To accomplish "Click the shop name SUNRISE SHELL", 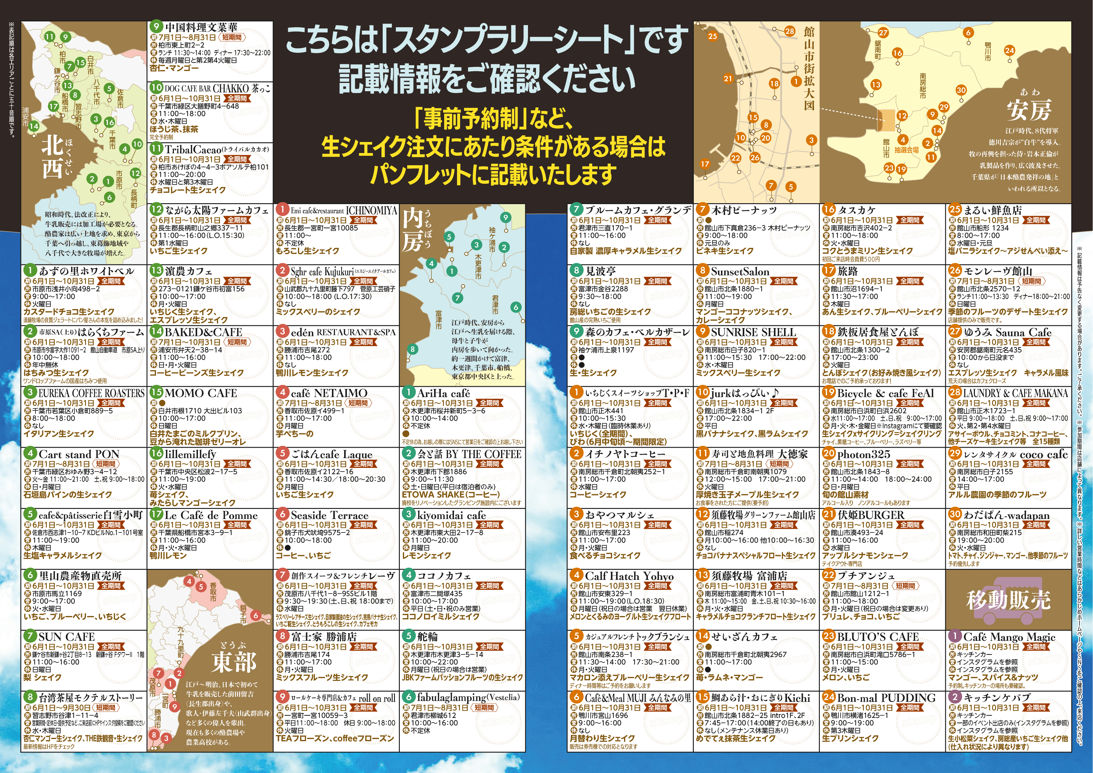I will (753, 332).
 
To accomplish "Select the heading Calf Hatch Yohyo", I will (629, 576).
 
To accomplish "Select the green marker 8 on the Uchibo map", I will (413, 349).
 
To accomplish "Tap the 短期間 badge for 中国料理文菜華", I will (232, 37).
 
